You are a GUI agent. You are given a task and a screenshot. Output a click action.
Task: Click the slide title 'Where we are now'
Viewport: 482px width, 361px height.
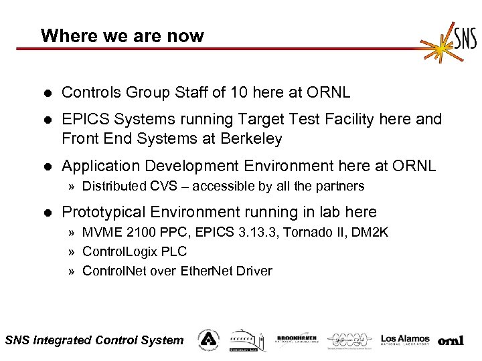point(122,36)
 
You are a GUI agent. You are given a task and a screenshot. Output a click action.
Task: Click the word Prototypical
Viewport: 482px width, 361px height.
point(103,213)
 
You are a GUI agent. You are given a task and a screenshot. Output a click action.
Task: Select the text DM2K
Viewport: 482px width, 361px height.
point(370,232)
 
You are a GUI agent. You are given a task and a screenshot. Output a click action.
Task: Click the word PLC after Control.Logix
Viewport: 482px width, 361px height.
point(175,251)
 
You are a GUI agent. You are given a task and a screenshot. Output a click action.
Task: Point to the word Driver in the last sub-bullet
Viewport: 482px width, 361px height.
point(250,271)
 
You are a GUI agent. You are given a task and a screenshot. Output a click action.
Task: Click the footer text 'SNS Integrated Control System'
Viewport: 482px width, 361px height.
point(94,340)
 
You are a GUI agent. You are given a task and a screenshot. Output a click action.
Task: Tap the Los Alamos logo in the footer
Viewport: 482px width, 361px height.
point(405,340)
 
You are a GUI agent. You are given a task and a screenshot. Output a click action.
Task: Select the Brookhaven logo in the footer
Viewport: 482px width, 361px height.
point(297,340)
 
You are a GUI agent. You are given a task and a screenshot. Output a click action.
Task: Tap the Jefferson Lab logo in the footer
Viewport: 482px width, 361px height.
point(351,340)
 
